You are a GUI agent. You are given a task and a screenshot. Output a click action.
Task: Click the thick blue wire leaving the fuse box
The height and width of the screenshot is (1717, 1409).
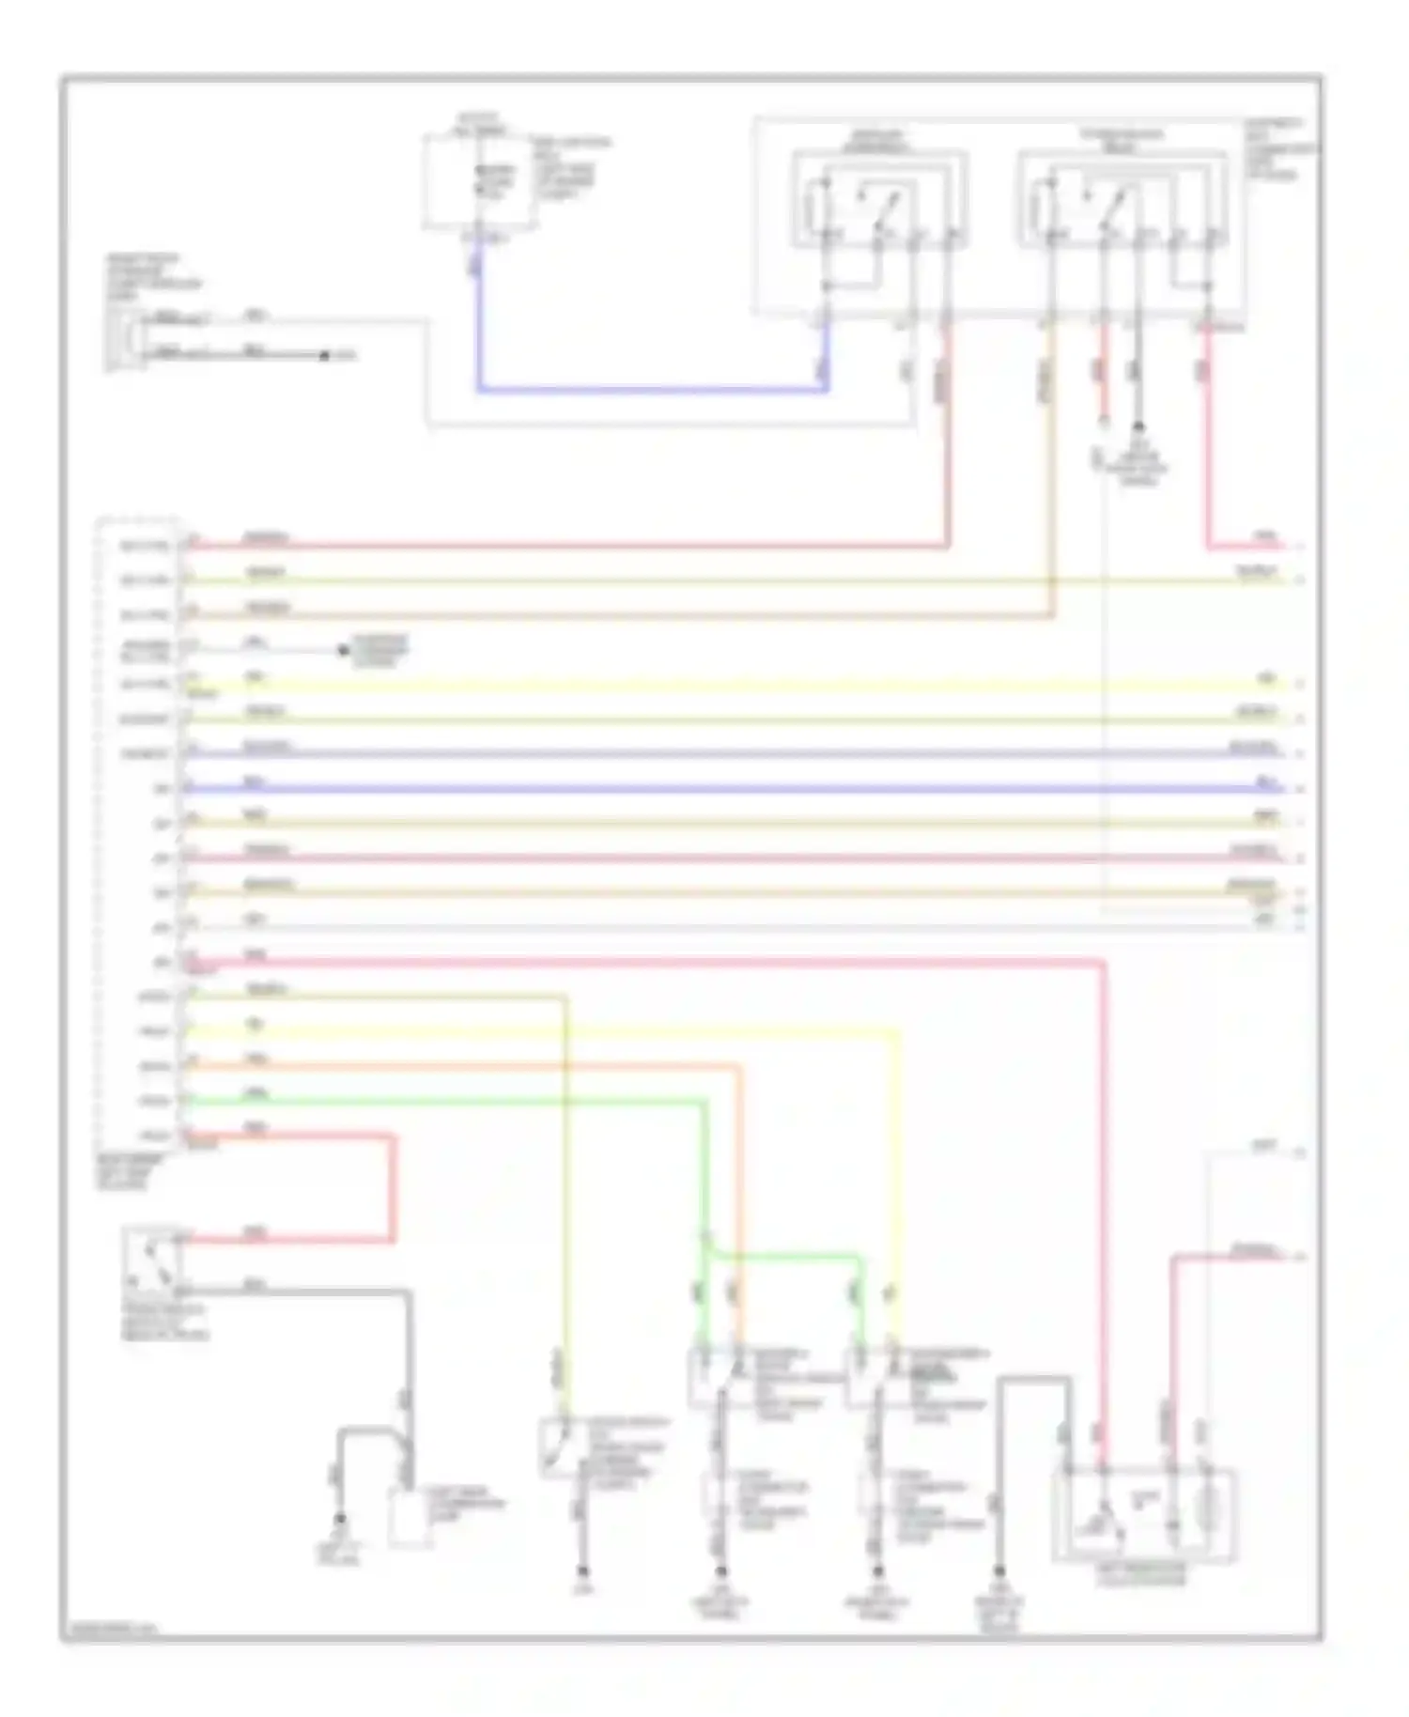648,388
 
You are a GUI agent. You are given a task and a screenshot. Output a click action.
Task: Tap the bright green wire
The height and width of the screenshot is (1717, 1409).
441,1101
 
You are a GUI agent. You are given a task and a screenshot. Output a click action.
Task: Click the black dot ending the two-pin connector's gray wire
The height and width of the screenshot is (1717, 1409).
325,356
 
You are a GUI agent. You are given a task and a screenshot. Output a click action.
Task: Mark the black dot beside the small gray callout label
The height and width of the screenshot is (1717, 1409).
344,650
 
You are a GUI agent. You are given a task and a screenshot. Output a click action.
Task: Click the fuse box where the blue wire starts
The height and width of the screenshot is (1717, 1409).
480,181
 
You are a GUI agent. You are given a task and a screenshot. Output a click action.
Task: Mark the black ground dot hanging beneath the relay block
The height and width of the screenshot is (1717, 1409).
1138,426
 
